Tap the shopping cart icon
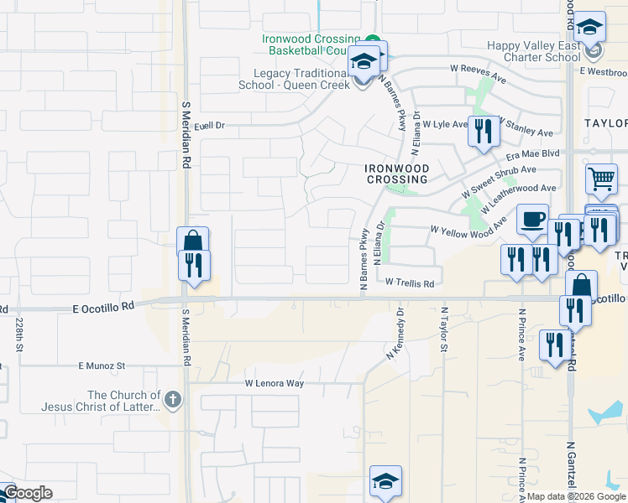600,179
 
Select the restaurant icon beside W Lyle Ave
483,132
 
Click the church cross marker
172,399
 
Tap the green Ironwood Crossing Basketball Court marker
371,39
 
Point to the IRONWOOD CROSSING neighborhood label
396,174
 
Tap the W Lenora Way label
273,383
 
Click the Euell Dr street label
210,126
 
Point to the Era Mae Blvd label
531,155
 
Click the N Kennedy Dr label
395,334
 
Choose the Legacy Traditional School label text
294,80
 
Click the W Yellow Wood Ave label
468,227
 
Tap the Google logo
27,493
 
